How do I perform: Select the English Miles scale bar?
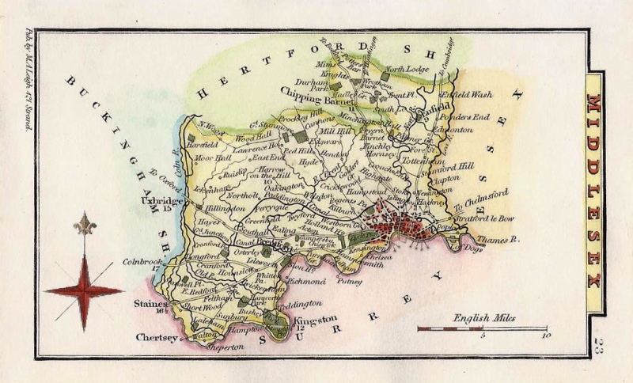[482, 327]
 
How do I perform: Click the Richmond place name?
[309, 281]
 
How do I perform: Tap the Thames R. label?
[498, 236]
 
